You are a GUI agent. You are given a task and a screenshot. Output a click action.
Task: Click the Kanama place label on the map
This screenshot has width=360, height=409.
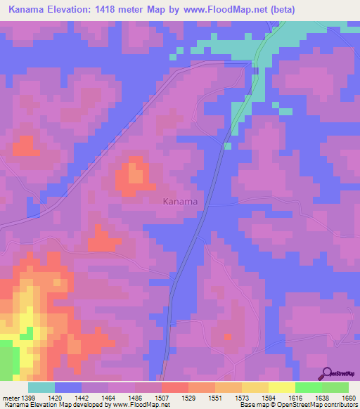[x=180, y=202]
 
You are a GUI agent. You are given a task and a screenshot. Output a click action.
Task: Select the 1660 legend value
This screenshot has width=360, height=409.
[x=348, y=398]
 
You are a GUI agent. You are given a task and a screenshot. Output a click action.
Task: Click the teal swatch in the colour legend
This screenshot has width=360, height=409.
[x=41, y=387]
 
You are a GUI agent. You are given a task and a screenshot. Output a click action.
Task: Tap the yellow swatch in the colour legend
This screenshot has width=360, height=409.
[x=281, y=387]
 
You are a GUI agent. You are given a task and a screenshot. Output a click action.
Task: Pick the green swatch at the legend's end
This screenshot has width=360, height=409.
[x=335, y=387]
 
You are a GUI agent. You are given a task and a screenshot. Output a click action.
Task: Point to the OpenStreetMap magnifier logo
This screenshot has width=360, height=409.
[x=327, y=373]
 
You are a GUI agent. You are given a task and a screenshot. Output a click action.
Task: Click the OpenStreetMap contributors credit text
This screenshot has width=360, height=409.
[x=319, y=405]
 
